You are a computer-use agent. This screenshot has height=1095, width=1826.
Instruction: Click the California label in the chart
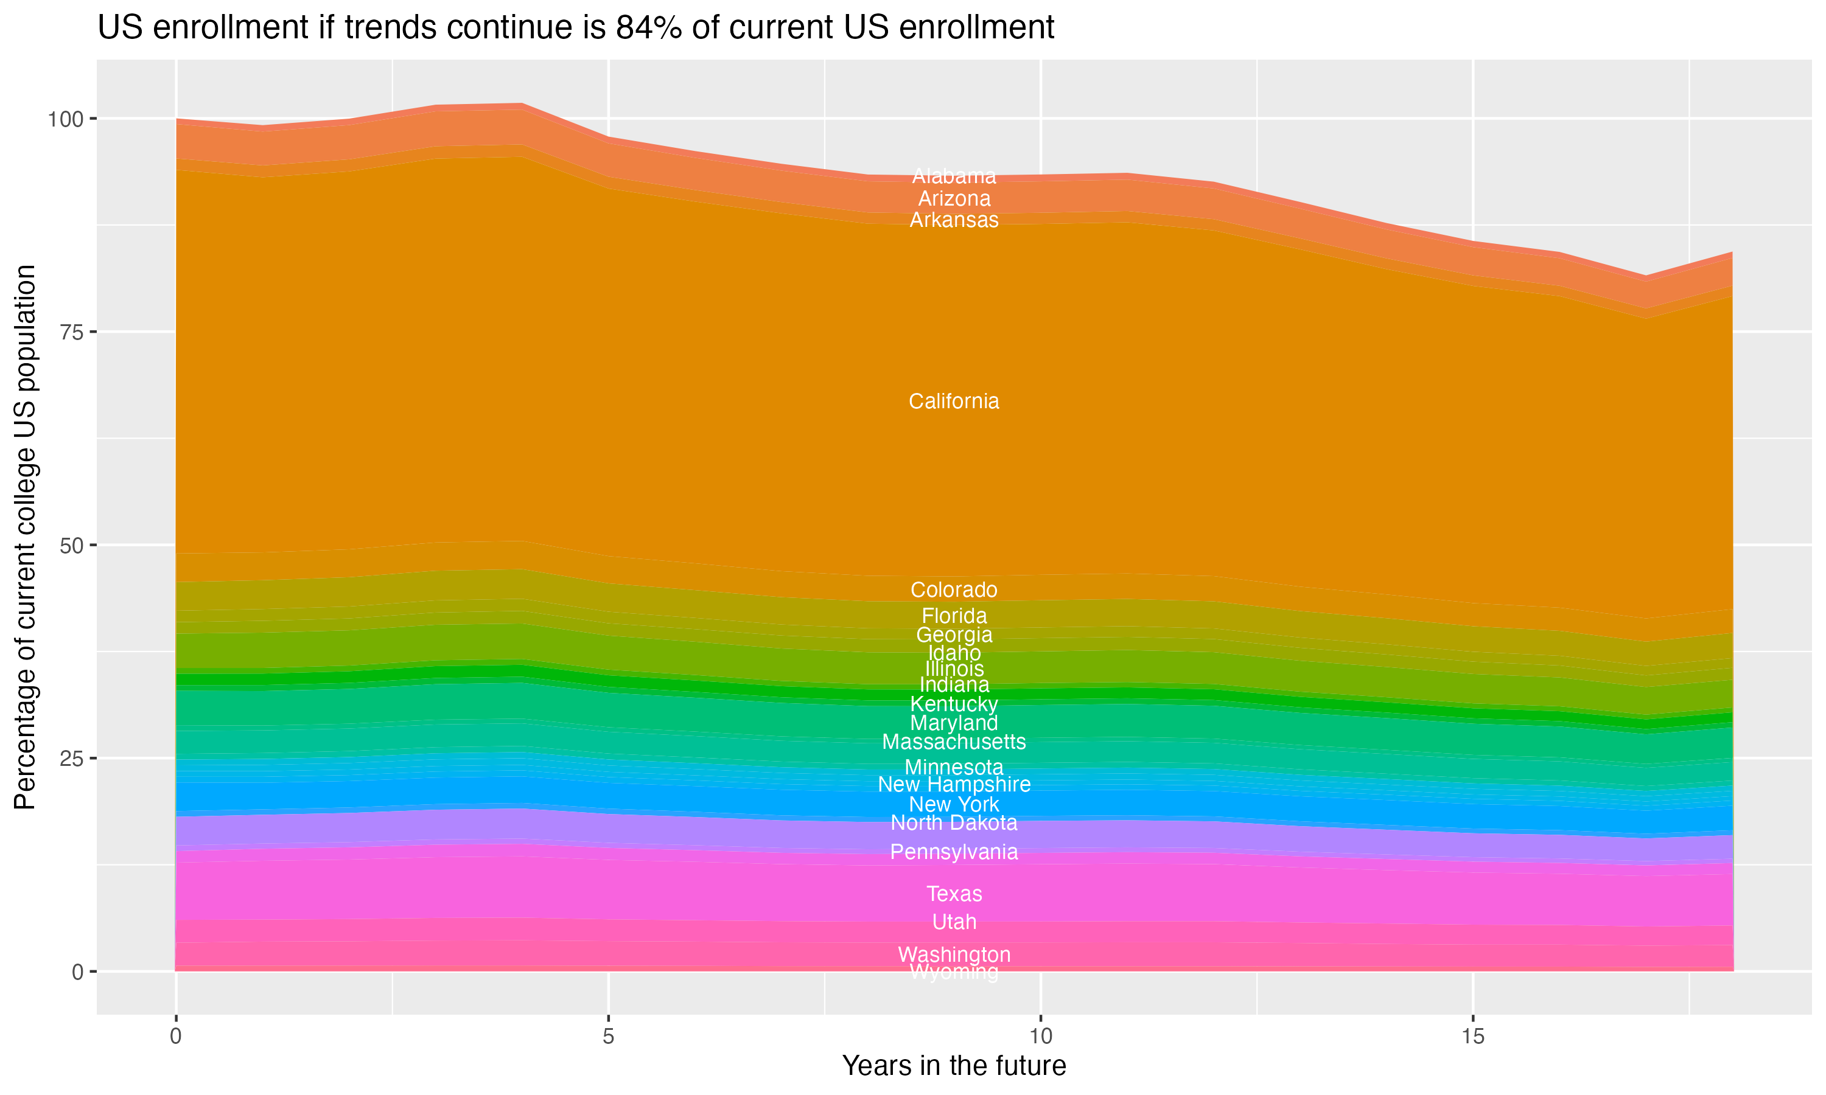tap(954, 401)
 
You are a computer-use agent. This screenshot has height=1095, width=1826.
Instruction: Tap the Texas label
tap(954, 894)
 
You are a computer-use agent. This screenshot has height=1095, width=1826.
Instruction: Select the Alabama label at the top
tap(954, 176)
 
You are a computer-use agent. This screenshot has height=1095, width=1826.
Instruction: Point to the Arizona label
tap(954, 198)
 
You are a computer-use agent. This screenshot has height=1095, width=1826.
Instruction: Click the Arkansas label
tap(954, 220)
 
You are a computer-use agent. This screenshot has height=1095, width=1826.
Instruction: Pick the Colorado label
tap(954, 589)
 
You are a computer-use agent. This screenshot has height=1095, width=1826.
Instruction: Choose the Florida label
tap(954, 616)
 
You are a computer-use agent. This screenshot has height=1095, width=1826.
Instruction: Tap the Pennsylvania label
tap(954, 852)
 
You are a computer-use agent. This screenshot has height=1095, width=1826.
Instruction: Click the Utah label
tap(954, 922)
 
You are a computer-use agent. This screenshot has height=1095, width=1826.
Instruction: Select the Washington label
tap(954, 954)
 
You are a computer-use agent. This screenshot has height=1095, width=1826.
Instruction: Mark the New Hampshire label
tap(954, 784)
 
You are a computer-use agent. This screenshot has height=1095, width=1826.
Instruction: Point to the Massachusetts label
tap(954, 742)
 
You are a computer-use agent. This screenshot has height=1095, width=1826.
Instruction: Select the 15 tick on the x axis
tap(1472, 1037)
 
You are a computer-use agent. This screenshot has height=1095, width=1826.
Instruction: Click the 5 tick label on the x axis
tap(608, 1037)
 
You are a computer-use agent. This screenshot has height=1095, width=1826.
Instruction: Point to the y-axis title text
tap(25, 537)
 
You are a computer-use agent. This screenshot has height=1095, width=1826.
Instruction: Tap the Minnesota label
tap(954, 767)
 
